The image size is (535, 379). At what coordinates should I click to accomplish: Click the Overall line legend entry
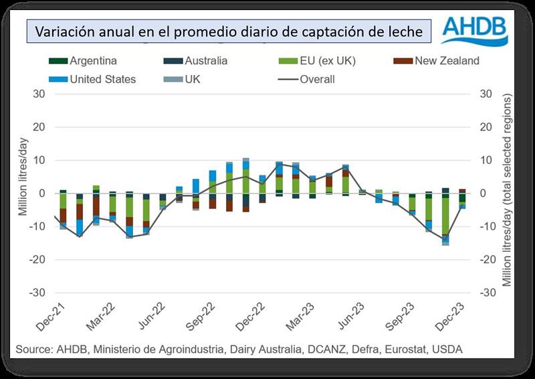pyautogui.click(x=308, y=79)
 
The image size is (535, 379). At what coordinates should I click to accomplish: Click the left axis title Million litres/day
pyautogui.click(x=22, y=193)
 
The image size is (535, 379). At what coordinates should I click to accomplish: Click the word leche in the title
pyautogui.click(x=401, y=31)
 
